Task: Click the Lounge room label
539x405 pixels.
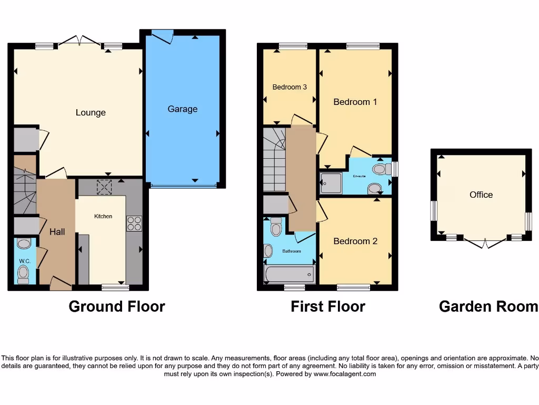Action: [x=91, y=112]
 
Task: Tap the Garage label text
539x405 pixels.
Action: [x=183, y=109]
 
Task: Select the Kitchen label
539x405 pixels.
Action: [x=103, y=216]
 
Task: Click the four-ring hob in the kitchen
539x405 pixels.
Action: [x=134, y=224]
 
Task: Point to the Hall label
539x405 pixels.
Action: [x=57, y=232]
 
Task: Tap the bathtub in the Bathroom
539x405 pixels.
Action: [x=289, y=274]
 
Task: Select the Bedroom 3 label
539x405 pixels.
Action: [x=290, y=87]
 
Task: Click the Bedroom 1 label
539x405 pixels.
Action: [x=355, y=102]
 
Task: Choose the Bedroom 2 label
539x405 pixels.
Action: [x=355, y=241]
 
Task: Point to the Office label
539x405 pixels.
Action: [x=481, y=195]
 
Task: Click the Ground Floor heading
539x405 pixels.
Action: [x=117, y=306]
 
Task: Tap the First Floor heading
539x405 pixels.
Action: [x=328, y=306]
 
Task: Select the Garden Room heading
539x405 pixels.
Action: [x=488, y=306]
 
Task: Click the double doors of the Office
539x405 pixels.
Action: [x=484, y=242]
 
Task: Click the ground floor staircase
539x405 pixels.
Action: [x=24, y=190]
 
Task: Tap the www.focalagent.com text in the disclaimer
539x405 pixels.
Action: [x=345, y=374]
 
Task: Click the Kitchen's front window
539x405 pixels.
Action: [x=115, y=287]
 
